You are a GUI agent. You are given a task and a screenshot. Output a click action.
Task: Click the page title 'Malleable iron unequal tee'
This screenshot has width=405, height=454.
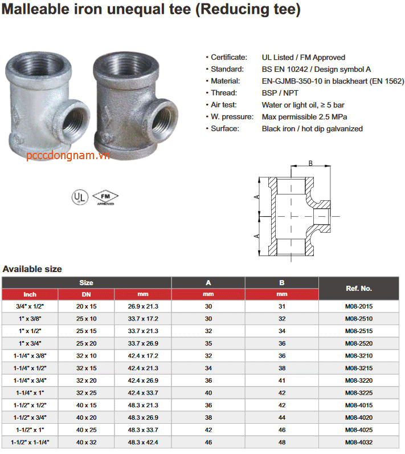tap(150, 10)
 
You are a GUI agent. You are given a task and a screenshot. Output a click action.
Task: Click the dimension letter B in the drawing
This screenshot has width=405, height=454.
tap(310, 164)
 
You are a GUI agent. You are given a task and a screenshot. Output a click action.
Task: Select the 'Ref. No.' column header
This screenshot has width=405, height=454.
tap(358, 288)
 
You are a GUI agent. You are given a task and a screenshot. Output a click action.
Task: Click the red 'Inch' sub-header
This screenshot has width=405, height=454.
tap(30, 294)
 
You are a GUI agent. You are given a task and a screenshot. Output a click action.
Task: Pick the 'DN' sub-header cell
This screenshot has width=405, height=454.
tap(87, 294)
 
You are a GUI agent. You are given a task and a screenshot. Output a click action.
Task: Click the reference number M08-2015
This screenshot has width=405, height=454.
tap(358, 306)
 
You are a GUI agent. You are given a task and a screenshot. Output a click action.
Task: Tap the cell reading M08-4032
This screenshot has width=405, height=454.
tap(358, 442)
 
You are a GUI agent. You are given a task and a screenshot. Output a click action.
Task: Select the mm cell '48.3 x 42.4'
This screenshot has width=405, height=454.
tap(143, 442)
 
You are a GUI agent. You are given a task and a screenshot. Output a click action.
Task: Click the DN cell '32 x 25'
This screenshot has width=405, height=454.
tap(87, 392)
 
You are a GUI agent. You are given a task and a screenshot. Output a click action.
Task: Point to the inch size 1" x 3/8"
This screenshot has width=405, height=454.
tap(30, 318)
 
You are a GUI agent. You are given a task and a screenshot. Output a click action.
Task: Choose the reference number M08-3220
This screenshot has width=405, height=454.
tap(358, 380)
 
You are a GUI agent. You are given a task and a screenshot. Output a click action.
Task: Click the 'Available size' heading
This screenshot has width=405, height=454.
tap(32, 269)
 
